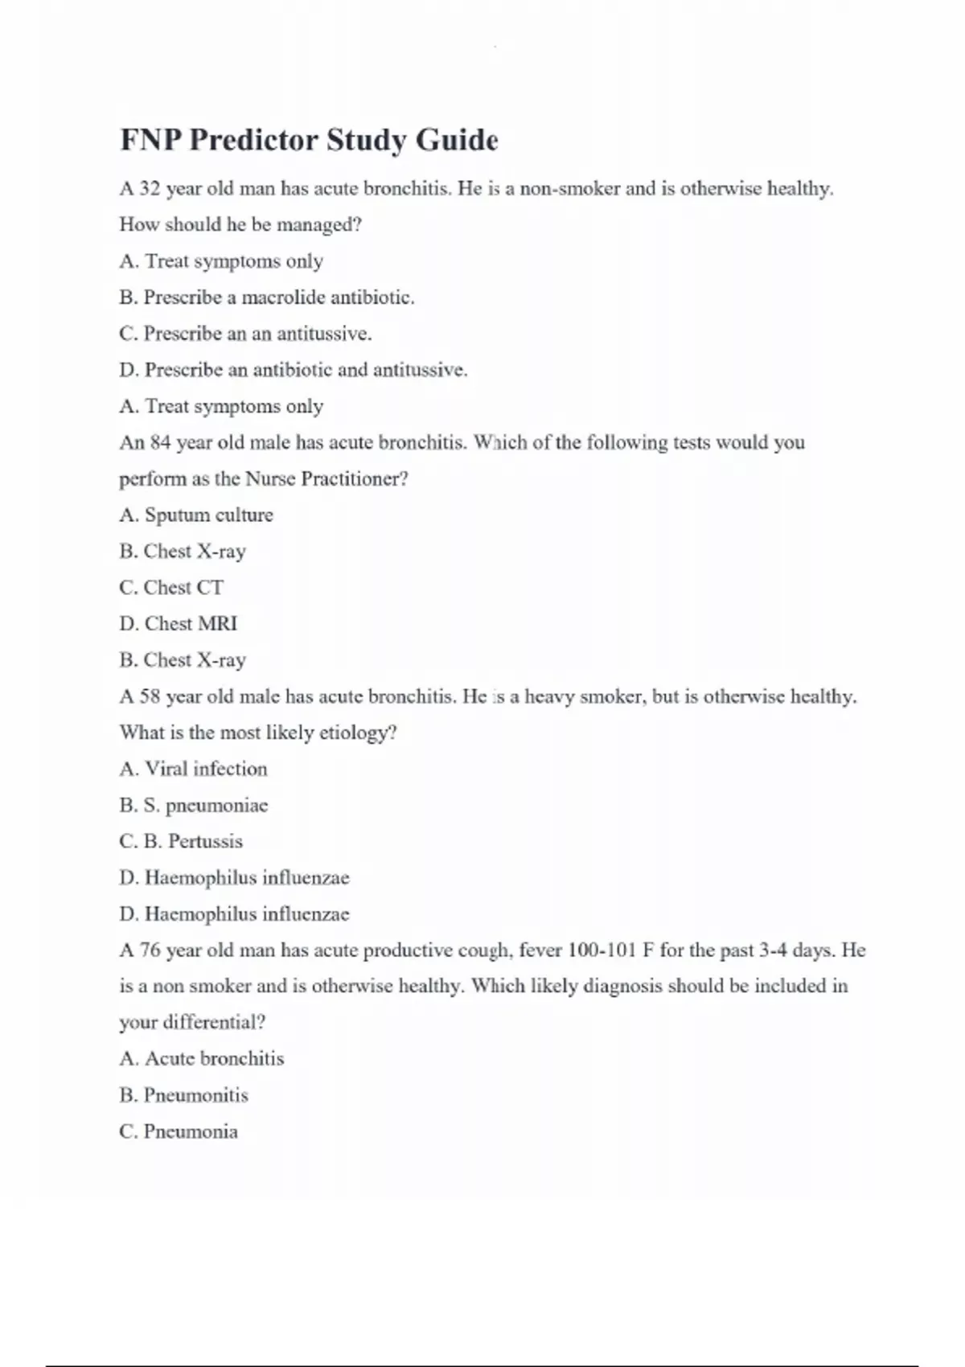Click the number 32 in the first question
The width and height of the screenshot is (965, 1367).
[150, 189]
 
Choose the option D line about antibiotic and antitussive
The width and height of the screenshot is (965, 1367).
[293, 370]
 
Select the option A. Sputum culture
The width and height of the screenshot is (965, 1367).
[196, 515]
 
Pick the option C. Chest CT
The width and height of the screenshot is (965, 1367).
[171, 588]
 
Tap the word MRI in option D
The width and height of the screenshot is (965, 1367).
[216, 624]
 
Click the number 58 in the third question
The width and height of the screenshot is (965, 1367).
[150, 696]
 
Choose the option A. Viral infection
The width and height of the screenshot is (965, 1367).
[193, 770]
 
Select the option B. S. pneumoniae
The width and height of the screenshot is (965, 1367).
[193, 806]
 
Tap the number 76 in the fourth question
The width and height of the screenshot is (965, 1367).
[150, 950]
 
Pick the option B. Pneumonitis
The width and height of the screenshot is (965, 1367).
[183, 1095]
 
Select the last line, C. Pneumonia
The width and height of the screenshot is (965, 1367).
[179, 1132]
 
